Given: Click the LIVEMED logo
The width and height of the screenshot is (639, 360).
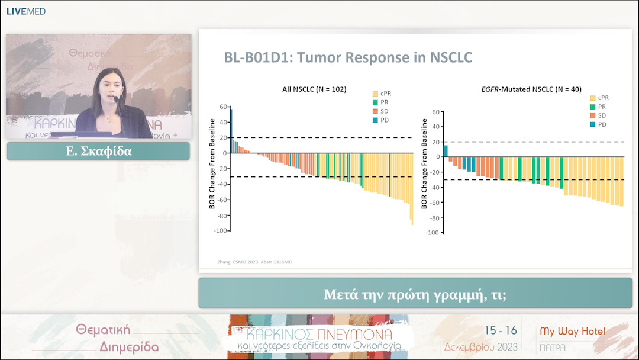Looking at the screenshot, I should (25, 11).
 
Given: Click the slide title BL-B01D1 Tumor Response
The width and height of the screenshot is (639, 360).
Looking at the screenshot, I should (348, 58).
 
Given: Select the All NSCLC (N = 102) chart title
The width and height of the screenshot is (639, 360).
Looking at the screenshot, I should (314, 89).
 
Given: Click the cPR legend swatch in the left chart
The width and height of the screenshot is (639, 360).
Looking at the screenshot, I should (375, 94).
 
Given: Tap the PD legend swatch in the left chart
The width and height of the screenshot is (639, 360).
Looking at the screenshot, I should (375, 120).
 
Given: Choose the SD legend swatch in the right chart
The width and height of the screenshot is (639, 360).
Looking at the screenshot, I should (593, 115).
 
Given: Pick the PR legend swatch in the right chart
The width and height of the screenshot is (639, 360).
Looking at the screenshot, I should (593, 107).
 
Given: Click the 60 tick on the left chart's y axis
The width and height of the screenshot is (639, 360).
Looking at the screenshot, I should (224, 107).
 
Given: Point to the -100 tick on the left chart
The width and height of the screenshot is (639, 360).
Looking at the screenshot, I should (221, 230).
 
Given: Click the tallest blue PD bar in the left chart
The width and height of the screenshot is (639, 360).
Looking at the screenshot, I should (231, 130).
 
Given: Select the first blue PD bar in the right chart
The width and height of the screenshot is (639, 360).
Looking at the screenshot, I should (446, 151).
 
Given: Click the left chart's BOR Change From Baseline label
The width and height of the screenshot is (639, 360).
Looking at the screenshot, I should (212, 163).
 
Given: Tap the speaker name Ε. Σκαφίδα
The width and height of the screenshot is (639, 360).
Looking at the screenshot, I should (98, 151).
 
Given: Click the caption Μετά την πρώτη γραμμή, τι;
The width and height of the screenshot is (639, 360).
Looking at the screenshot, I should (415, 294).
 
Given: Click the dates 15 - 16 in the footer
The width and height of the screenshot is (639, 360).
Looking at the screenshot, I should (501, 330).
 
